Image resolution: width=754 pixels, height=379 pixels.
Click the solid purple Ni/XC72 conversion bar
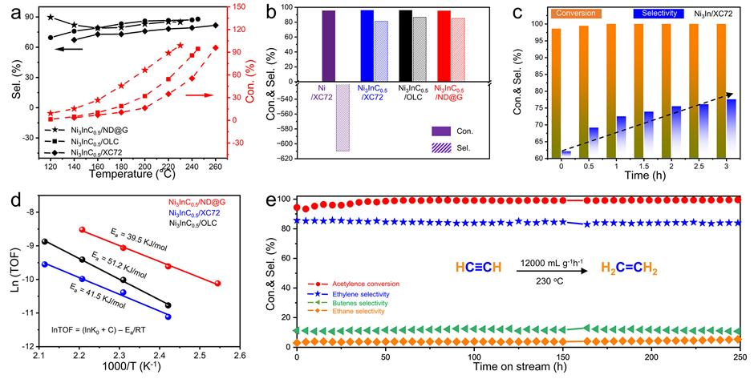click(x=328, y=44)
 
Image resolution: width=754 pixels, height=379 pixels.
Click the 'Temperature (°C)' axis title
click(x=136, y=171)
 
